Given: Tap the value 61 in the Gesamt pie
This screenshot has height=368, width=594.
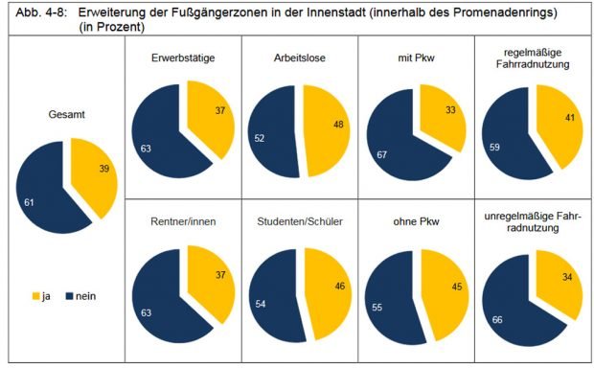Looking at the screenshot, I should [29, 203].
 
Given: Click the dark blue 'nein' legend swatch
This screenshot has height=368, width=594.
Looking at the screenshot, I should [71, 296].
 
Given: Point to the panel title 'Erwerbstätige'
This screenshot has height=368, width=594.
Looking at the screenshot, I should [182, 59].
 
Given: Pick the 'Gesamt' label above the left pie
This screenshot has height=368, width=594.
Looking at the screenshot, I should [67, 114].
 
